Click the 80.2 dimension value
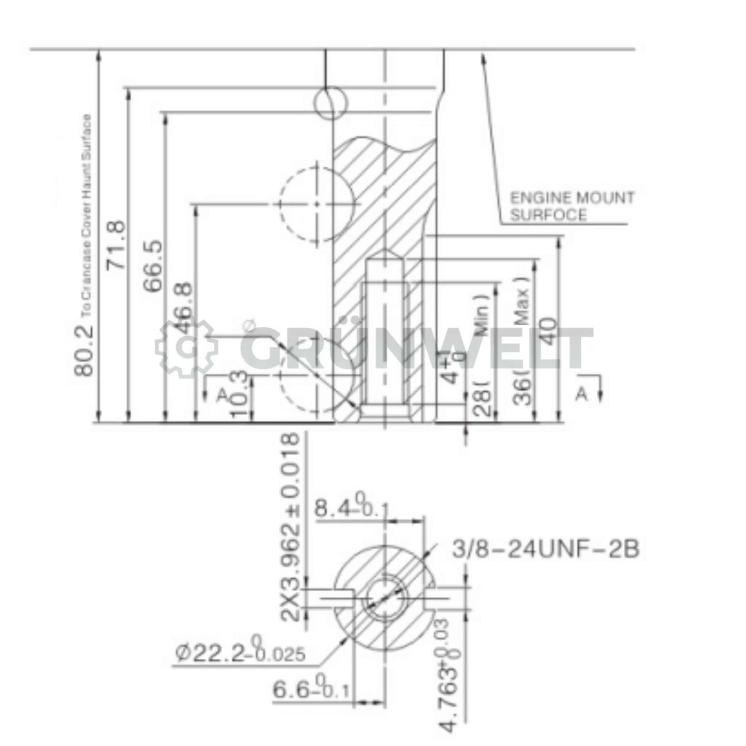(x=83, y=350)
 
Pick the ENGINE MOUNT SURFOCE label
(x=572, y=207)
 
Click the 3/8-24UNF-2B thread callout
(x=546, y=549)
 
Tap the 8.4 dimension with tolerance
(x=351, y=508)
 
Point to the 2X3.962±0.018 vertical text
(x=290, y=527)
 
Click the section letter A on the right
(x=582, y=394)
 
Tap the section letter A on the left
(x=222, y=395)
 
